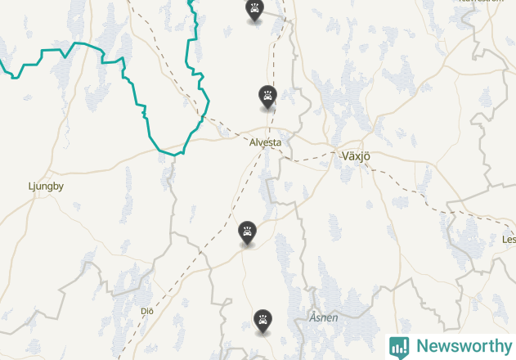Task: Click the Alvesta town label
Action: pyautogui.click(x=266, y=142)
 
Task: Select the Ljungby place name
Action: pyautogui.click(x=46, y=186)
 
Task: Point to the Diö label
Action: pyautogui.click(x=147, y=311)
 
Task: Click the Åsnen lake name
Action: pyautogui.click(x=324, y=317)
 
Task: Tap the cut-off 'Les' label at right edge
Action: pyautogui.click(x=509, y=240)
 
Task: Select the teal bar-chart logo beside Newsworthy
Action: pyautogui.click(x=399, y=346)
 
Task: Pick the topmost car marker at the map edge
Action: pyautogui.click(x=255, y=11)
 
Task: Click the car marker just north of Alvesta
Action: pyautogui.click(x=267, y=97)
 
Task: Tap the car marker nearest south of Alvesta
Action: pyautogui.click(x=247, y=232)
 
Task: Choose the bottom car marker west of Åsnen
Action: pyautogui.click(x=262, y=321)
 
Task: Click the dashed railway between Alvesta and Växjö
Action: pyautogui.click(x=315, y=155)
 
